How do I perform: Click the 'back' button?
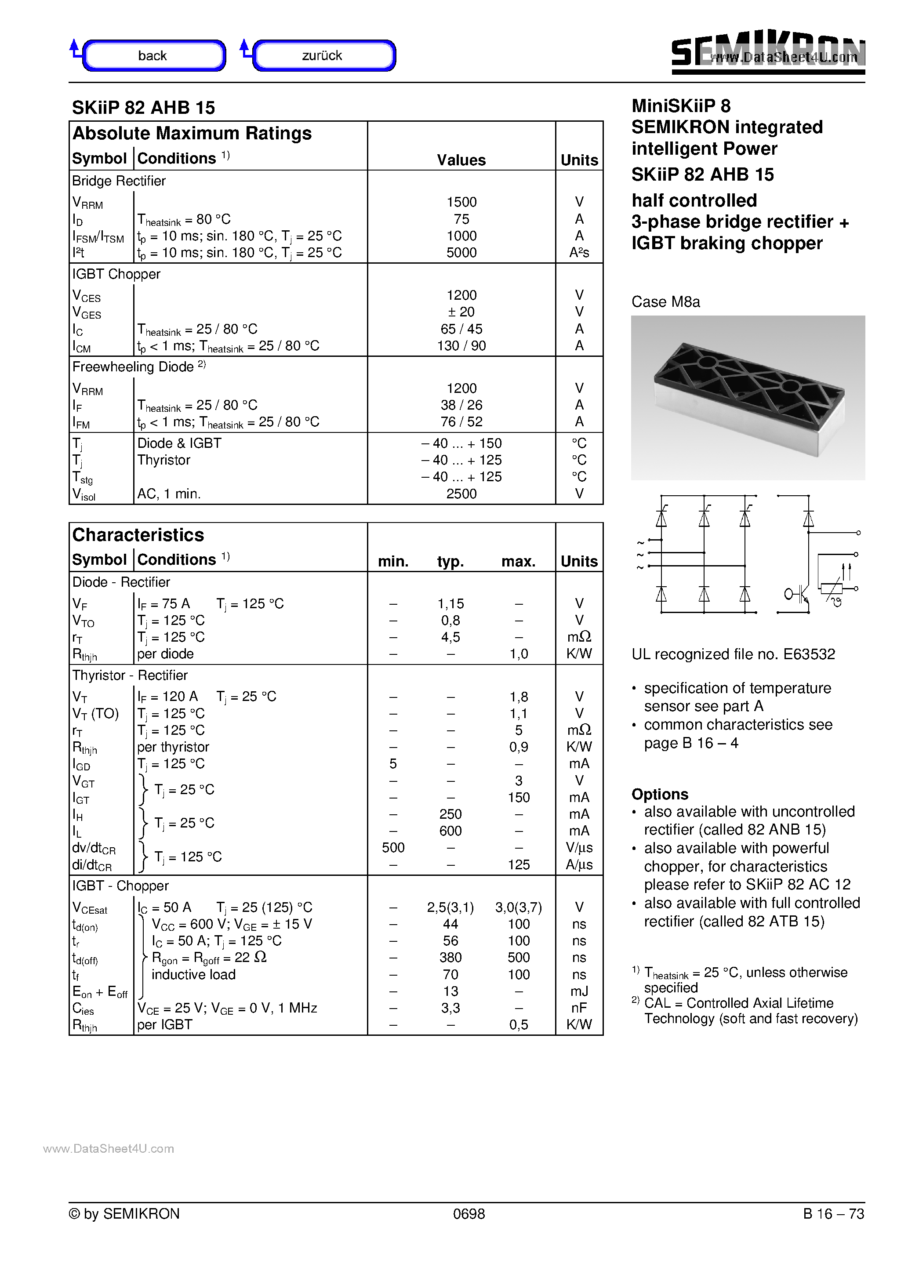[153, 55]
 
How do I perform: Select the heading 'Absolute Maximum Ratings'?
[192, 134]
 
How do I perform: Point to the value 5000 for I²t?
[461, 253]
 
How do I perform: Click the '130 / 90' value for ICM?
[461, 346]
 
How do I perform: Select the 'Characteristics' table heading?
[138, 535]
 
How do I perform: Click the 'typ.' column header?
[450, 561]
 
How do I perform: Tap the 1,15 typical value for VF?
[450, 604]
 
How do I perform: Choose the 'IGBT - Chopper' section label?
[120, 886]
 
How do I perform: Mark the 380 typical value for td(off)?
[450, 958]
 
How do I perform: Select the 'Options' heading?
[659, 794]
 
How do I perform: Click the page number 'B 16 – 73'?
[833, 1214]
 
